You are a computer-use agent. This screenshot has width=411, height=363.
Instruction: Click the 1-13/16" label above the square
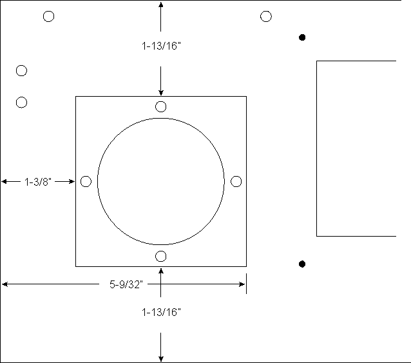[161, 46]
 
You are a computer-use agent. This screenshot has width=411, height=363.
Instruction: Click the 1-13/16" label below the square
[161, 312]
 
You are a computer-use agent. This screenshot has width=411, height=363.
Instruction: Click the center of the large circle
[161, 181]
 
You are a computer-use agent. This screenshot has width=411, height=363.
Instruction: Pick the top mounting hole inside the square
[161, 106]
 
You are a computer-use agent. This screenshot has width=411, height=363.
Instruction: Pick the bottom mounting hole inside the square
[161, 257]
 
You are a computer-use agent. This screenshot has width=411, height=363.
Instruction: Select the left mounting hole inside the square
[86, 181]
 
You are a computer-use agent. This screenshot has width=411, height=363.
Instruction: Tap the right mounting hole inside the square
[236, 181]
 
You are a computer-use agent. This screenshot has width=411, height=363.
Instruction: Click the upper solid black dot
[302, 37]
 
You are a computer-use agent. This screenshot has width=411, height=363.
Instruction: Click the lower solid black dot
[302, 264]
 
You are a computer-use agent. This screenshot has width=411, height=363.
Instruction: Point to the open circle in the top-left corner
[48, 16]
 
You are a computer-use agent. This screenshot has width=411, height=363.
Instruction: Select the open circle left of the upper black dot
[266, 16]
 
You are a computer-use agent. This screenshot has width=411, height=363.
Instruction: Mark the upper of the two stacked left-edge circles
[21, 70]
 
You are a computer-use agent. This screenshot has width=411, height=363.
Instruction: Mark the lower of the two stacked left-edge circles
[21, 102]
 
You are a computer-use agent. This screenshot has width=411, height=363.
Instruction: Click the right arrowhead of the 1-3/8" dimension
[72, 182]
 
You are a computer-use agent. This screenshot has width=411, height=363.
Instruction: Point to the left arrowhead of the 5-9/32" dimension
[5, 284]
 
